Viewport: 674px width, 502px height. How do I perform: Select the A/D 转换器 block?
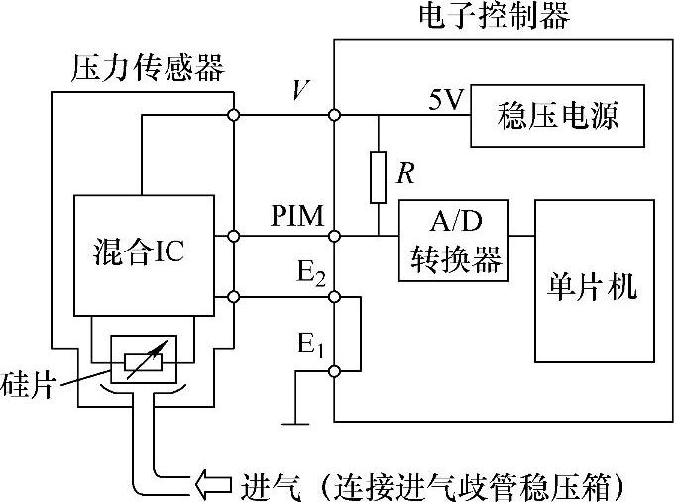(x=453, y=241)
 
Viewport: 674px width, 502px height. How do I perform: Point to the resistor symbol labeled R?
(x=379, y=176)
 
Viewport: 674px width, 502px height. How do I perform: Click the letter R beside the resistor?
(x=403, y=175)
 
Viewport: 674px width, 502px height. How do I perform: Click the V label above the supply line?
(x=300, y=92)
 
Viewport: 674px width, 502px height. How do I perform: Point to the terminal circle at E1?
(x=336, y=370)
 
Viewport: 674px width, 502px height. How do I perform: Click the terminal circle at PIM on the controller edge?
(x=336, y=236)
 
